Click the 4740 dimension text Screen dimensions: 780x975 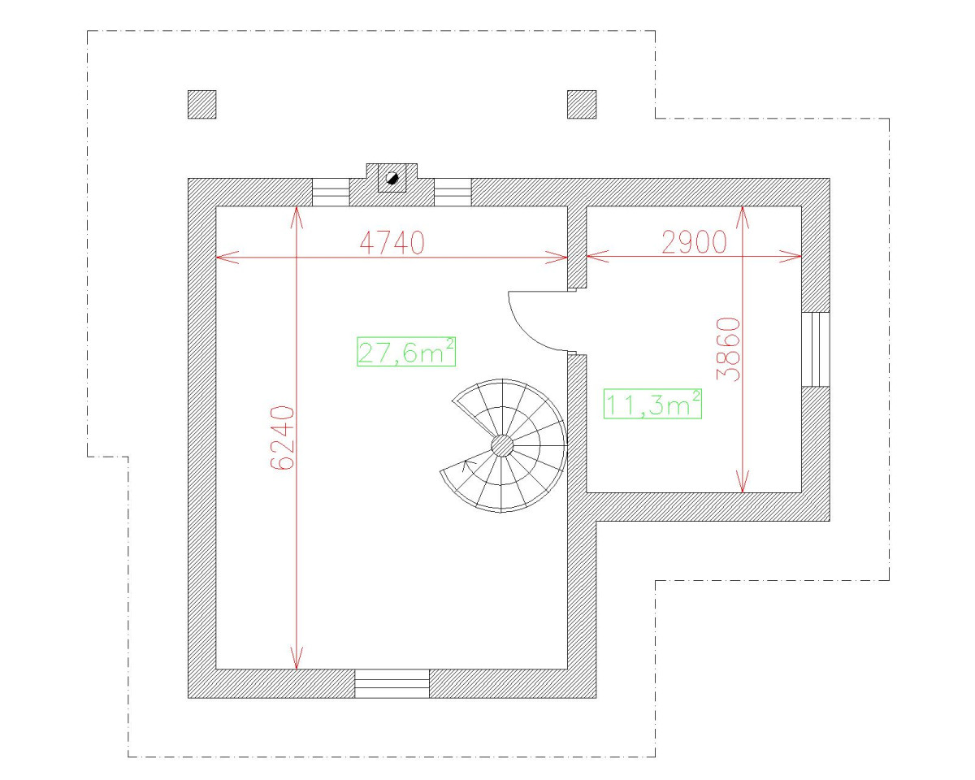point(392,242)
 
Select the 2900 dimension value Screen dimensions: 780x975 point(693,242)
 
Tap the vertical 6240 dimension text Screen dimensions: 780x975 point(282,437)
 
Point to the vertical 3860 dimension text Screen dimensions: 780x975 point(729,349)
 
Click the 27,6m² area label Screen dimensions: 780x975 point(405,352)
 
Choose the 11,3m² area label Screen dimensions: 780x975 point(652,404)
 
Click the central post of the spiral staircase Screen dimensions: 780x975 point(502,445)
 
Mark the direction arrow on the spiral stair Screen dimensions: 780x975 point(467,465)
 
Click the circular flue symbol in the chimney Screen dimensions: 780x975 point(392,178)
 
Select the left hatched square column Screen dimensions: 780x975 point(201,104)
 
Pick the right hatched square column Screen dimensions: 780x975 point(581,104)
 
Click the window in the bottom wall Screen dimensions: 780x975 point(392,683)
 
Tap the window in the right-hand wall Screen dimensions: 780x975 point(816,349)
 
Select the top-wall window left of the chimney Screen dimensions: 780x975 point(331,193)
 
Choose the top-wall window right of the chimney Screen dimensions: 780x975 point(453,193)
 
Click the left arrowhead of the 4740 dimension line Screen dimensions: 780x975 point(221,258)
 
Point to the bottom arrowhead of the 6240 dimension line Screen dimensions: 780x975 point(297,662)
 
